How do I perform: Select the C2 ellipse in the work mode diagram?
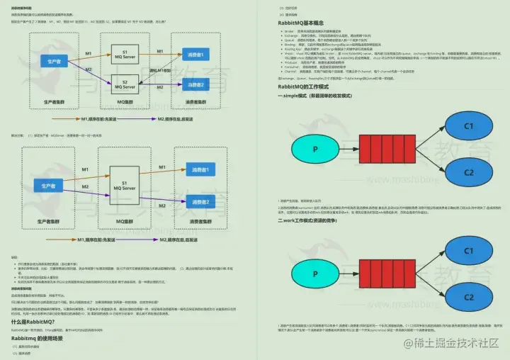pyautogui.click(x=467, y=297)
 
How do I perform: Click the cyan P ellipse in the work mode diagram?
pyautogui.click(x=314, y=273)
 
